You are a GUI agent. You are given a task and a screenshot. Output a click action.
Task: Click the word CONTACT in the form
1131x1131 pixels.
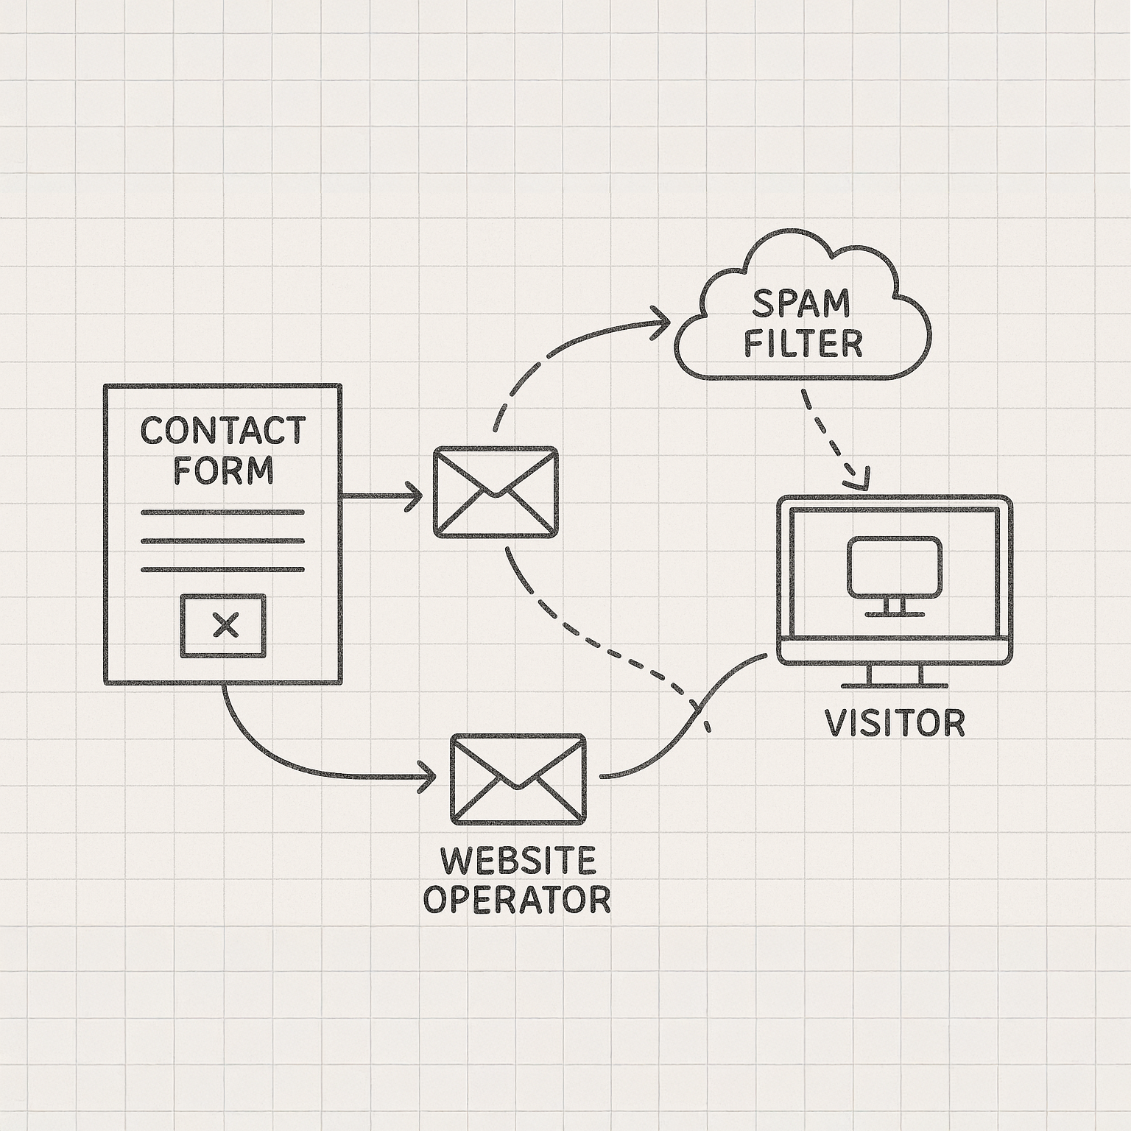click(x=222, y=431)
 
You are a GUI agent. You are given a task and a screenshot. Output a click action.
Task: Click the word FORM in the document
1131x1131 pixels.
click(x=223, y=470)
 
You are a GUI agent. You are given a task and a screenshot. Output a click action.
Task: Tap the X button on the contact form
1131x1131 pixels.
click(x=224, y=626)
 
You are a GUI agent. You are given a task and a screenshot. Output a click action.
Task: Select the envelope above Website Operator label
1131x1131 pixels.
click(x=518, y=778)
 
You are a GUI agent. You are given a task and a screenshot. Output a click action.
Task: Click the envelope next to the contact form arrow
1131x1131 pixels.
click(x=495, y=491)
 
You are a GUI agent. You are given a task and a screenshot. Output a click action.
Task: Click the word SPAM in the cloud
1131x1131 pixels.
click(x=802, y=303)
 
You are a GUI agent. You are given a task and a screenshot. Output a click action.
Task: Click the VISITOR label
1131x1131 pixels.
click(x=895, y=723)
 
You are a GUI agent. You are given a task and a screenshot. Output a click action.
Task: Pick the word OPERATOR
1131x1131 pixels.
click(x=517, y=899)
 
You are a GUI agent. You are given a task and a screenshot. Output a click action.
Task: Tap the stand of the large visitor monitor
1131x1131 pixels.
click(x=895, y=676)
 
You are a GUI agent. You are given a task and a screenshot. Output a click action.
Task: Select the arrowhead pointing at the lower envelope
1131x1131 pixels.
click(x=428, y=777)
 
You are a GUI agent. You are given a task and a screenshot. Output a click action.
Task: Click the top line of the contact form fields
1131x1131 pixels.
click(x=222, y=512)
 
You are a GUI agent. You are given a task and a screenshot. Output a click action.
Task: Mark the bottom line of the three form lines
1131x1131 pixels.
click(x=222, y=568)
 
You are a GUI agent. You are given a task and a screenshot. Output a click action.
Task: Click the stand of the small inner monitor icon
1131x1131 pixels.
click(x=895, y=607)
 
